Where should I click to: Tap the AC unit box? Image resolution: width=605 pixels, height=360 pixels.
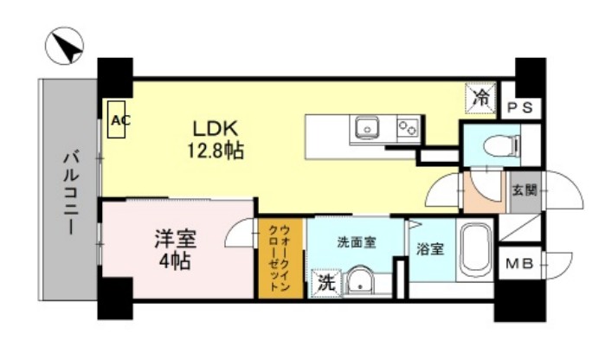[x=119, y=121]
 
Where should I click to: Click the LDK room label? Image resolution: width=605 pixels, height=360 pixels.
[x=210, y=129]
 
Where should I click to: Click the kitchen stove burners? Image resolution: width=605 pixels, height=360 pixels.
[x=407, y=129]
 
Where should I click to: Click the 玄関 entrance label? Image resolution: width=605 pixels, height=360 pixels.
[x=523, y=190]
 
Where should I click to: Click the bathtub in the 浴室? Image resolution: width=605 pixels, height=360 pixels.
[x=473, y=250]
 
